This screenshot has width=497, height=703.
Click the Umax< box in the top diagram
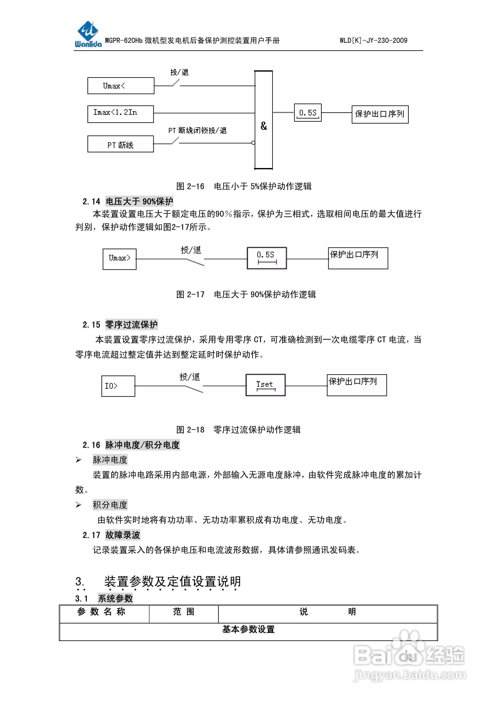121,86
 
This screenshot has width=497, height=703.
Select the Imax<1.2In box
120,114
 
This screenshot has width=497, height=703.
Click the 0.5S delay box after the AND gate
307,113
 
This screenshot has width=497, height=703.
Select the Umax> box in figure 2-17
119,259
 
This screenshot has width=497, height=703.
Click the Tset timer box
265,385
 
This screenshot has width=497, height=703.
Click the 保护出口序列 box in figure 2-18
357,385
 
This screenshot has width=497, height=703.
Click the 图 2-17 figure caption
246,295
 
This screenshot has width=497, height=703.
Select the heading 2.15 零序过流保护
120,325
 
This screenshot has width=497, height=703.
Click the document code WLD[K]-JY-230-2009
373,40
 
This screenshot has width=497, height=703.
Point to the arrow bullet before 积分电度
78,505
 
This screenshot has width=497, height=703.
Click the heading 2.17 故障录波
111,535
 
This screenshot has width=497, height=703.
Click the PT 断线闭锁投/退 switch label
197,131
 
